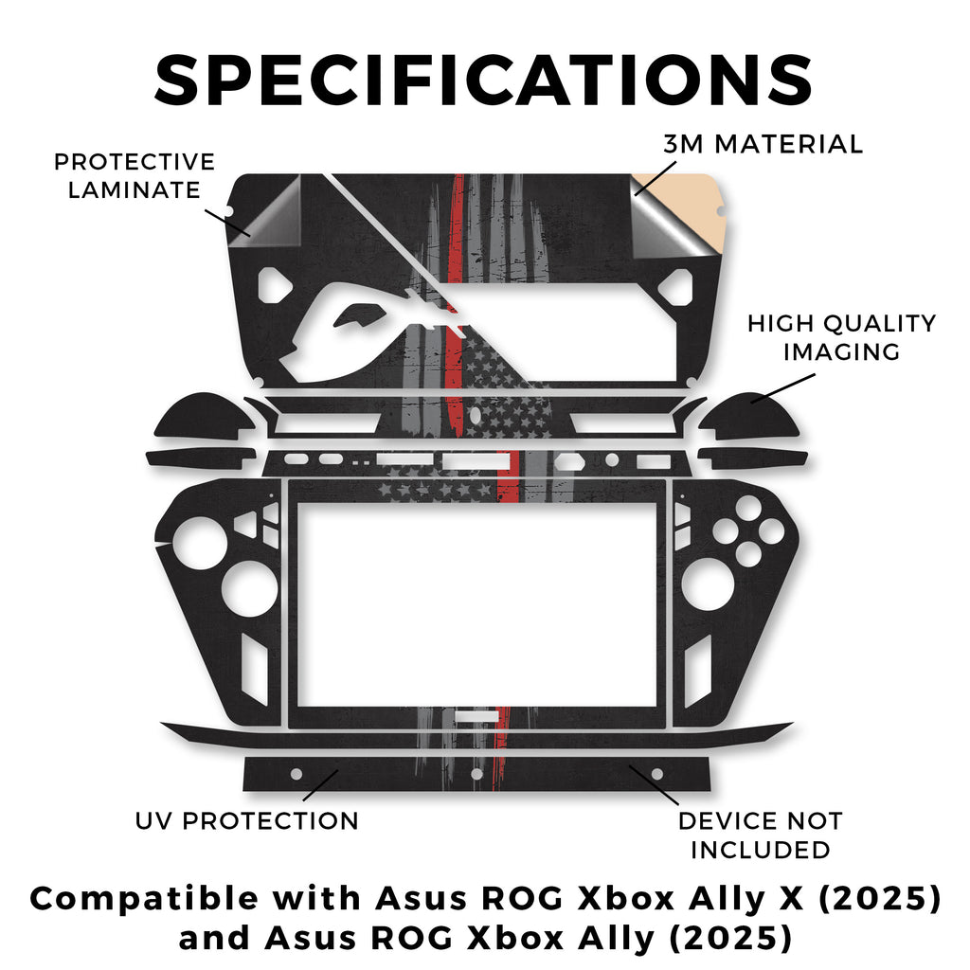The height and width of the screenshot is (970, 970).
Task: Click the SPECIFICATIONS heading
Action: coord(484,80)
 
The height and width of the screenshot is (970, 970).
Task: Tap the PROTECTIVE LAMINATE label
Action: coord(134,176)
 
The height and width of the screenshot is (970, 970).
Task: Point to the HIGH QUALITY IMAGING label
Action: coord(841,337)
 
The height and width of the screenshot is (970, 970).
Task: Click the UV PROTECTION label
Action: coord(247,820)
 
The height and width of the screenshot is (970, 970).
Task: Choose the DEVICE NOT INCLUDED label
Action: coord(760,835)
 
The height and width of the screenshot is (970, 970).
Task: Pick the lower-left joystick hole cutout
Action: coord(249,587)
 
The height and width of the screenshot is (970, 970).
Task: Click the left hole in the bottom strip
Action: coord(296,774)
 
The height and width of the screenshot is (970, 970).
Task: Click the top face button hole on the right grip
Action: coord(748,509)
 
